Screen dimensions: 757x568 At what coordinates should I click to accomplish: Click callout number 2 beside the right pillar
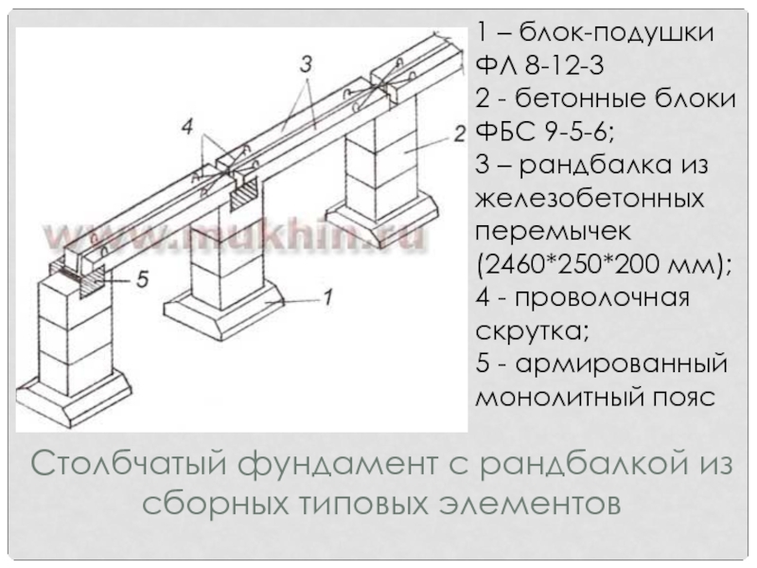click(458, 133)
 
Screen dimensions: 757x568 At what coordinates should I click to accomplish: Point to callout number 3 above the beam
click(305, 65)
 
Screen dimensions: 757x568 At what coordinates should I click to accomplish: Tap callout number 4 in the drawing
click(188, 126)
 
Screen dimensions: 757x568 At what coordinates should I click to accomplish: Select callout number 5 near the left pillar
click(143, 279)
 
